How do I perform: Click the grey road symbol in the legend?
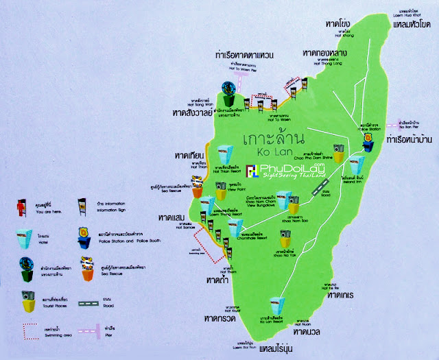[89, 300]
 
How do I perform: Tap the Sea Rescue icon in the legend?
[88, 267]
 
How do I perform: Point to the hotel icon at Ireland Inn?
[355, 165]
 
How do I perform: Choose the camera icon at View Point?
[222, 193]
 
